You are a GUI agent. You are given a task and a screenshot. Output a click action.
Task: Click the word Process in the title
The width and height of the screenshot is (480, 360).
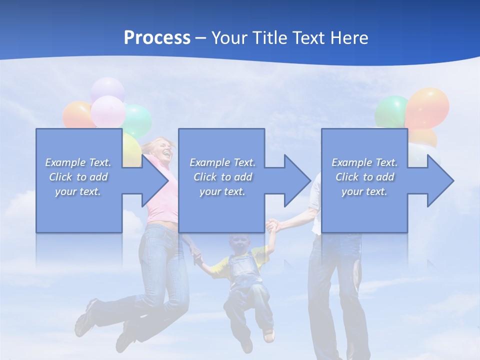pyautogui.click(x=157, y=38)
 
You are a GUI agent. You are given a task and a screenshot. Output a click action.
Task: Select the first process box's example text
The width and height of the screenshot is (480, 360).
pyautogui.click(x=78, y=177)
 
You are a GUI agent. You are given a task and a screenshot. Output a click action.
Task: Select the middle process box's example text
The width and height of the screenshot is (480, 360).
pyautogui.click(x=222, y=177)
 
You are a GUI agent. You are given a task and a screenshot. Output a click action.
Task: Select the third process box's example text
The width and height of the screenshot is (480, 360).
pyautogui.click(x=364, y=177)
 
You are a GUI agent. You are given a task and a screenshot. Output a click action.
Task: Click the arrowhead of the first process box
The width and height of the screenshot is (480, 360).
pyautogui.click(x=154, y=180)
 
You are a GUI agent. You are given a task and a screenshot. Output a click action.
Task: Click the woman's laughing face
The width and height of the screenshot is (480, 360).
pyautogui.click(x=163, y=148)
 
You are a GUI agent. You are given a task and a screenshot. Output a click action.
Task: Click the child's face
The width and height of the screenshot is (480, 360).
pyautogui.click(x=240, y=245)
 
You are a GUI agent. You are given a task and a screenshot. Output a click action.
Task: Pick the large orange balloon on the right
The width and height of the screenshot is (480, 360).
pyautogui.click(x=427, y=107)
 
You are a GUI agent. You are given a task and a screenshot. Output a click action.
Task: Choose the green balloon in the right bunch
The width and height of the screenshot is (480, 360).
pyautogui.click(x=391, y=111)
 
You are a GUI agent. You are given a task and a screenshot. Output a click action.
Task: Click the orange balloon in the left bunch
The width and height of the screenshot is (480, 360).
pyautogui.click(x=76, y=115)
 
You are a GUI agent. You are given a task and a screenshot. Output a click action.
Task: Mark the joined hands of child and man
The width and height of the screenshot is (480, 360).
pyautogui.click(x=272, y=225)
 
